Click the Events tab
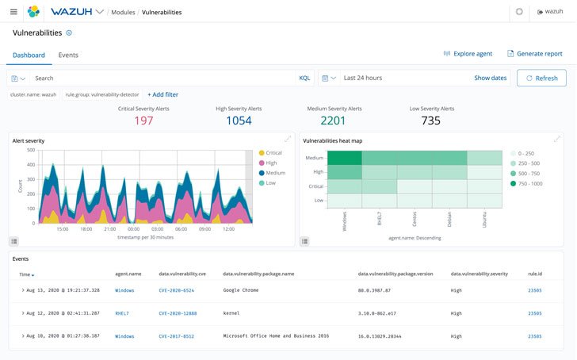(x=68, y=55)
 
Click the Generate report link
(x=539, y=54)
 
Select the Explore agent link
(x=472, y=54)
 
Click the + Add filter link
(x=162, y=94)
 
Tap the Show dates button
(x=490, y=78)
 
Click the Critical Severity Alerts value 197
(x=143, y=121)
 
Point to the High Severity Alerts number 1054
(x=239, y=121)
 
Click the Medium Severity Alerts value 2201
(x=334, y=121)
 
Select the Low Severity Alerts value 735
(x=430, y=121)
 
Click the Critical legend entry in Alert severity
(x=273, y=153)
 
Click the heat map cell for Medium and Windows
(x=345, y=157)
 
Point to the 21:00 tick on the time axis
(x=110, y=229)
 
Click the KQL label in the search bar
(x=304, y=78)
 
